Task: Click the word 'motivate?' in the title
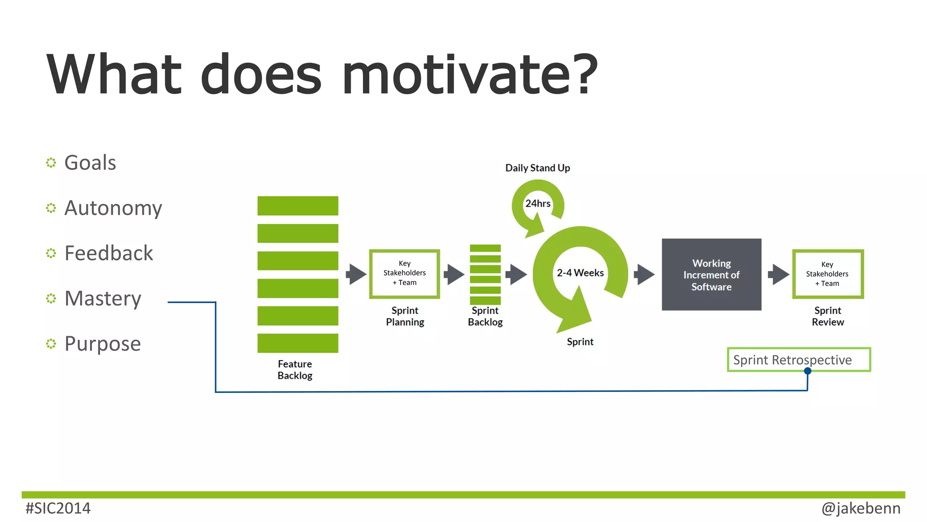coord(469,75)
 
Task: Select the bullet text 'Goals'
coord(90,163)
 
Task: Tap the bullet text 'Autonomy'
coord(113,208)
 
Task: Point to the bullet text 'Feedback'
coord(109,253)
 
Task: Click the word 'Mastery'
coord(103,299)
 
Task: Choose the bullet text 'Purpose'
coord(103,344)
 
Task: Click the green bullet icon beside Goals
coord(51,163)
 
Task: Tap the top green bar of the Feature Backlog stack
coord(297,206)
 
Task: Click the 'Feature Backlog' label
coord(295,370)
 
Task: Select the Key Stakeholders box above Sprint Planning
coord(404,274)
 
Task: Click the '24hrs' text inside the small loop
coord(538,203)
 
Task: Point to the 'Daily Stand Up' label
coord(537,168)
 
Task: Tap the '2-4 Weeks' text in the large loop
coord(580,273)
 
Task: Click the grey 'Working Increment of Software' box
coord(711,275)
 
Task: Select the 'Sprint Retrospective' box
coord(798,360)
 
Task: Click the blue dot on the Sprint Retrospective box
coord(808,371)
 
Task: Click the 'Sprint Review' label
coord(827,316)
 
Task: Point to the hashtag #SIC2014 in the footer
coord(58,508)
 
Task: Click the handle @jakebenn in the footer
coord(860,508)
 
